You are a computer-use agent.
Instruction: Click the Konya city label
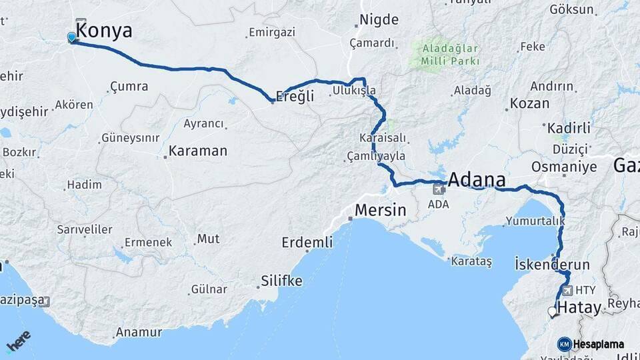click(x=104, y=31)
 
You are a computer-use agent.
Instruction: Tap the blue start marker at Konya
click(x=72, y=37)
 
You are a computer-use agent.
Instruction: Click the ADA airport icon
click(x=439, y=189)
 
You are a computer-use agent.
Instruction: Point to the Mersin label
click(x=380, y=211)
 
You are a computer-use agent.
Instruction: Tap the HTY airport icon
click(x=567, y=291)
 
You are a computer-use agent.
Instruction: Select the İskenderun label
click(x=553, y=265)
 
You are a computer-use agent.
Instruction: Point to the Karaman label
click(x=198, y=151)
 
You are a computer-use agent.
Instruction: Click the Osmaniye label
click(x=565, y=167)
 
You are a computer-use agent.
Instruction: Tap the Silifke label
click(x=281, y=281)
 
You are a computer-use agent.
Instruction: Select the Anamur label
click(x=139, y=331)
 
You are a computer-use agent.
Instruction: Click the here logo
click(x=18, y=342)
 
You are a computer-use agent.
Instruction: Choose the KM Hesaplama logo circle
click(x=565, y=344)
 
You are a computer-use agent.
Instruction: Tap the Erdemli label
click(x=307, y=242)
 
